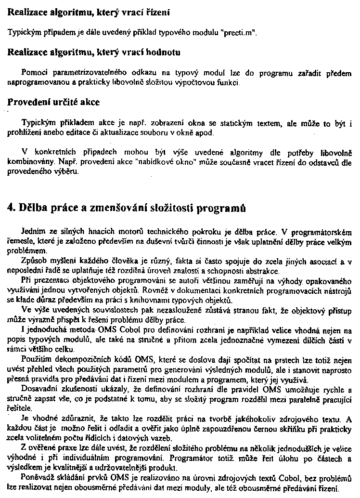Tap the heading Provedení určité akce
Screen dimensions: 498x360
click(54, 103)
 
